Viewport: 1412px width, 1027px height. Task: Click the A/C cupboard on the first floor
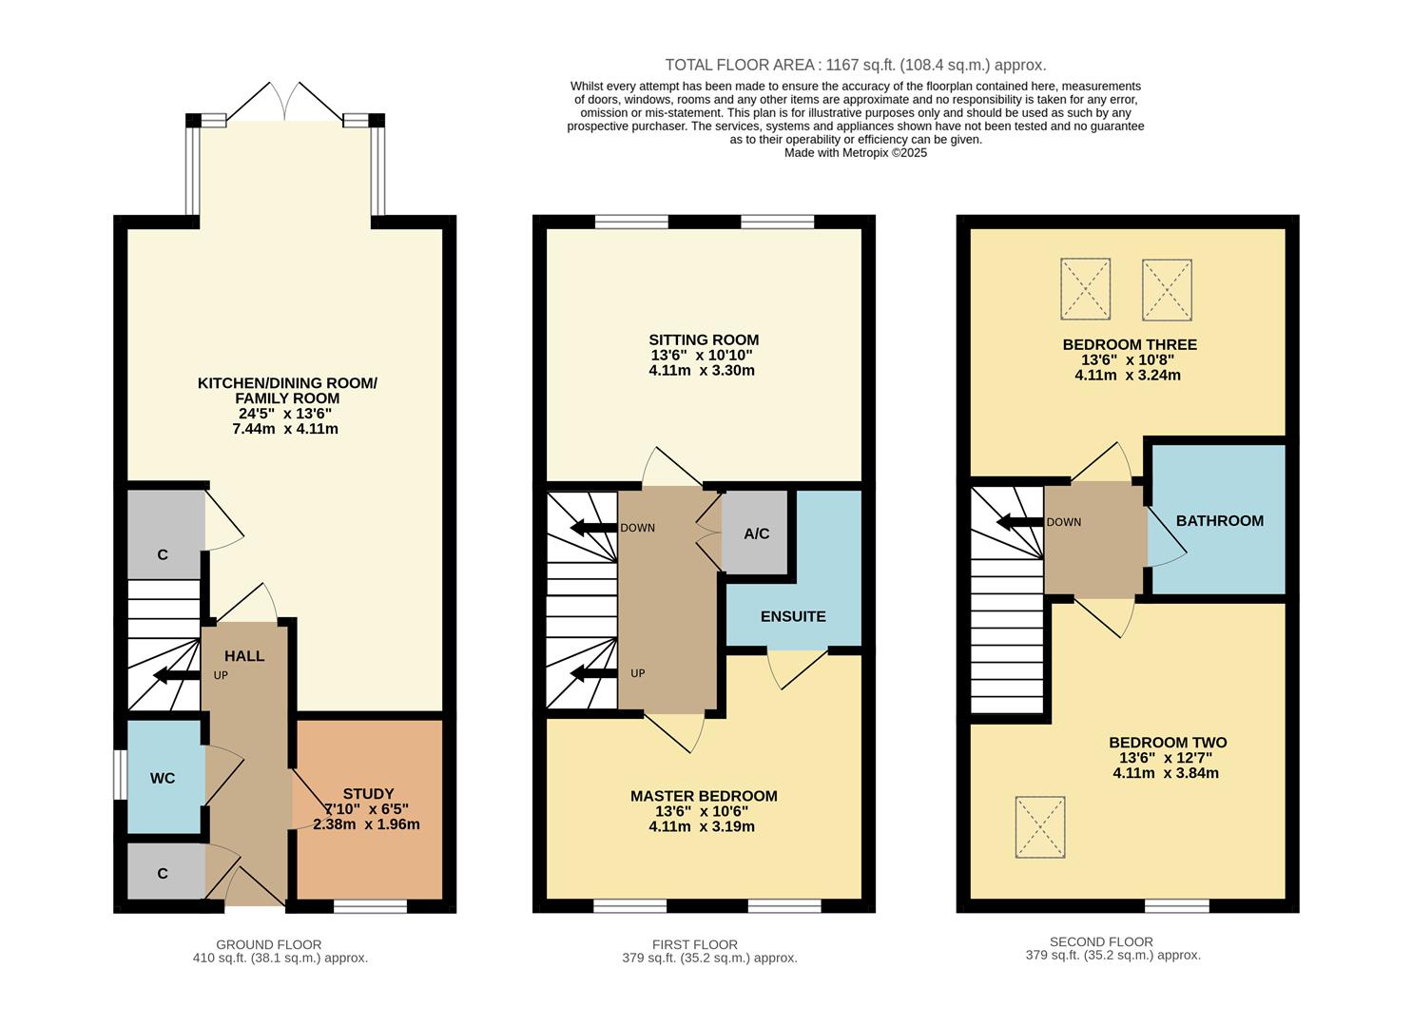coord(756,533)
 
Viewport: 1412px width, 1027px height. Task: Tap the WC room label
coord(163,778)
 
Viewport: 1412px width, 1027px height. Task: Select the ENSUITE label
coord(793,616)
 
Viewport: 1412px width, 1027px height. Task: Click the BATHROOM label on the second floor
coord(1219,520)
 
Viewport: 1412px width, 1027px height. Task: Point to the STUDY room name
coord(368,794)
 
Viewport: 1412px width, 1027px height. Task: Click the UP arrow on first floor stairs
coord(591,673)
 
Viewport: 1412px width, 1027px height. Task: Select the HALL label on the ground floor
coord(244,656)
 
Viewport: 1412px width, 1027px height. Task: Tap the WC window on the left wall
coord(120,776)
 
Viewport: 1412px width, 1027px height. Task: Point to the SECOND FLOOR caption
coord(1101,941)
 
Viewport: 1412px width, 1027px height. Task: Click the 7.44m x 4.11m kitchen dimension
coord(285,429)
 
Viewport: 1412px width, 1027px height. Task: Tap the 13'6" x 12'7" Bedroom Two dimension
coord(1165,758)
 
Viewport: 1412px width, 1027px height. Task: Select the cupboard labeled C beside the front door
coord(163,873)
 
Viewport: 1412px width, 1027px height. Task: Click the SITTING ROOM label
coord(704,339)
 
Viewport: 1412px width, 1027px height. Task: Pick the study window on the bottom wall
coord(370,906)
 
